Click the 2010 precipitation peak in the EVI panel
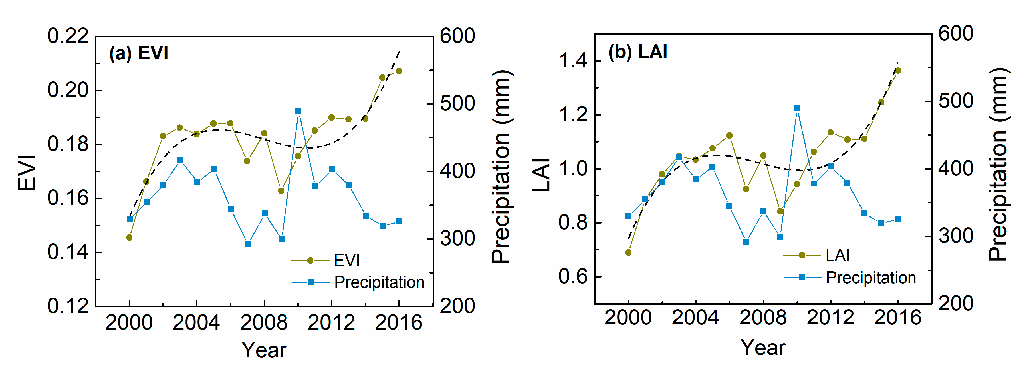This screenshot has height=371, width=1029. [x=298, y=111]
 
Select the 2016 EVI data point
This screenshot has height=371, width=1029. [x=399, y=71]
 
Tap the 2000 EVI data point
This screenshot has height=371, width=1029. [x=129, y=237]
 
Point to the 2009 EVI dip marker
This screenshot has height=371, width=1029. [x=281, y=191]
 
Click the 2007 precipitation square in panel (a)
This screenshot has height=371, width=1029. [x=247, y=244]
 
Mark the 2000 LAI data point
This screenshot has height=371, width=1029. [x=628, y=252]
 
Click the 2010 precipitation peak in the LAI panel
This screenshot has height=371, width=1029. [x=797, y=108]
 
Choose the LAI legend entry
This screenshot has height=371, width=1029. [x=837, y=255]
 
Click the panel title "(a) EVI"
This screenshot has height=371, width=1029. [x=139, y=53]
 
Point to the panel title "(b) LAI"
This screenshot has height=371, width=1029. [x=637, y=52]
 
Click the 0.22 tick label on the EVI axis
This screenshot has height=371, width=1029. [x=68, y=36]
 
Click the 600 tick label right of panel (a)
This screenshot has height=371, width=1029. [x=457, y=36]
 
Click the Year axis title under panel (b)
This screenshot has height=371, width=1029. [x=763, y=347]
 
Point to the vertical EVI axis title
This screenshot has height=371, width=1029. [x=27, y=173]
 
